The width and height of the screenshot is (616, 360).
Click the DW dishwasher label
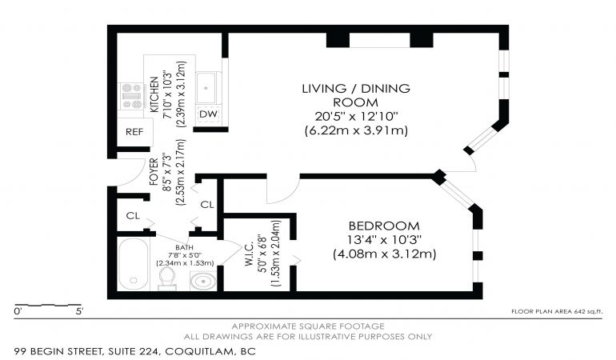[208, 114]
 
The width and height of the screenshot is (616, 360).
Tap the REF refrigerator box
[134, 132]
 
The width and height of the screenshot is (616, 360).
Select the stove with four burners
[131, 96]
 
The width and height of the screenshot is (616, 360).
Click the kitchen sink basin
[206, 88]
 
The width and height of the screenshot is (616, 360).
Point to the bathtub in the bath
[134, 264]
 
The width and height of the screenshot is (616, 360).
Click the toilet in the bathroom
[167, 278]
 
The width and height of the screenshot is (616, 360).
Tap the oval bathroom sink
[202, 281]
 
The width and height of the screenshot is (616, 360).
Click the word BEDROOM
[384, 226]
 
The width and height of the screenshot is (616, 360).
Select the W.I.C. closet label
[249, 254]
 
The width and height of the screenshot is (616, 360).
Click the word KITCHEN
[154, 94]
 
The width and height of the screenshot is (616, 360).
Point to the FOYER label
[154, 171]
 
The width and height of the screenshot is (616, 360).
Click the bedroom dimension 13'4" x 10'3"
[384, 240]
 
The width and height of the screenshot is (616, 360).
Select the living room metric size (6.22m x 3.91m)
[356, 130]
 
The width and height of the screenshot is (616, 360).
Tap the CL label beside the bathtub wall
[133, 216]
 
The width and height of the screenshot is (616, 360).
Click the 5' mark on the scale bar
[79, 312]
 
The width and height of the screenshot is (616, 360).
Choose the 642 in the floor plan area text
[579, 312]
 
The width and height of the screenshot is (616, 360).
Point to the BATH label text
[184, 247]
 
